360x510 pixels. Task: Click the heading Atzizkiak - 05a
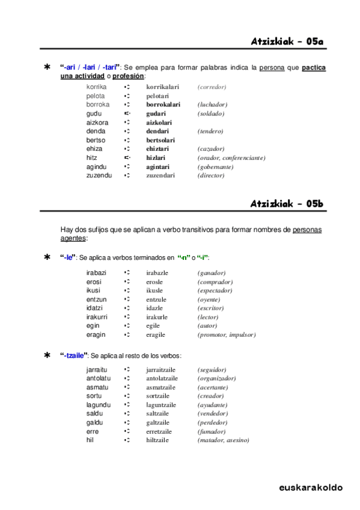[287, 41]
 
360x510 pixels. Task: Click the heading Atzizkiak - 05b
[287, 204]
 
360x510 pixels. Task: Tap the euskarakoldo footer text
[311, 487]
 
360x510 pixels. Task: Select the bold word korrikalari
[163, 87]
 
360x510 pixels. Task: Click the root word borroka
[98, 105]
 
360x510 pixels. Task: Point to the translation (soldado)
[210, 114]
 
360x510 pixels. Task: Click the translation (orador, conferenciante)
[231, 158]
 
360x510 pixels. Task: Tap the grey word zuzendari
[160, 176]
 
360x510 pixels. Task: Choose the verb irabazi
[96, 273]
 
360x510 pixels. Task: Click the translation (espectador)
[215, 290]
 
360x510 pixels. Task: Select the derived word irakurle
[157, 317]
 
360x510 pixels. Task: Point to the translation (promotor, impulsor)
[227, 334]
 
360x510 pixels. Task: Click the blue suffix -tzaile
[74, 355]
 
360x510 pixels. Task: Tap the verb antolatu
[99, 378]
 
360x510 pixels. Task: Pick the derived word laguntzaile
[162, 405]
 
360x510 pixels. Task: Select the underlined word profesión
[129, 76]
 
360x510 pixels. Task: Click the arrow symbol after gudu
[127, 114]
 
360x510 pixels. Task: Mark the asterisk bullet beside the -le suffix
[47, 257]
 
